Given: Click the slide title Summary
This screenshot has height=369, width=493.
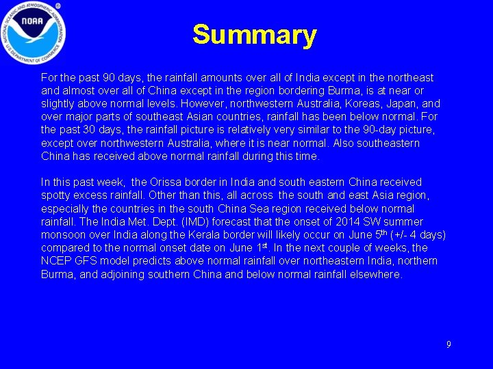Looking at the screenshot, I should click(x=254, y=35).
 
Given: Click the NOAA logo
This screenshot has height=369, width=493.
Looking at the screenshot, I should click(x=34, y=31).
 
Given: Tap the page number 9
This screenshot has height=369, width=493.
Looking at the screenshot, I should click(x=448, y=344).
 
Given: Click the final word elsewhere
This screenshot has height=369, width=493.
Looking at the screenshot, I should click(x=376, y=274).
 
